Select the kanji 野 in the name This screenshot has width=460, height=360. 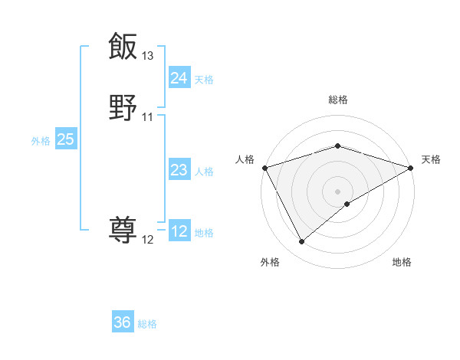click(123, 106)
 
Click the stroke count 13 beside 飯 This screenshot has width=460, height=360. click(148, 56)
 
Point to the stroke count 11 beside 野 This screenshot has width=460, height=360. click(148, 117)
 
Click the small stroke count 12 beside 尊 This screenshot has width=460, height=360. click(148, 240)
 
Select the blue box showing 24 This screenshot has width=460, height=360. click(179, 77)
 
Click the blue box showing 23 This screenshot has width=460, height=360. click(179, 170)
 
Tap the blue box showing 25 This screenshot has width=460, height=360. click(65, 139)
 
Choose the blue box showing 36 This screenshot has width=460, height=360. click(123, 322)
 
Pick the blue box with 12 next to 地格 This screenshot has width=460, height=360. click(179, 231)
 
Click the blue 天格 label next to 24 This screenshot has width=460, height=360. click(204, 80)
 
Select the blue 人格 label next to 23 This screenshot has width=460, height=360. click(204, 172)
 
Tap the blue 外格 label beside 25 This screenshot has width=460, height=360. click(41, 141)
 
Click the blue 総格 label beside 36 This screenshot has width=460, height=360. click(147, 324)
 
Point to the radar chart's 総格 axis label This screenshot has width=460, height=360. click(337, 100)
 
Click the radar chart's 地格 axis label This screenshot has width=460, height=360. click(402, 262)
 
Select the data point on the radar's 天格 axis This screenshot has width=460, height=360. click(411, 168)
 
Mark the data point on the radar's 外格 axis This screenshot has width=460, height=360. click(302, 242)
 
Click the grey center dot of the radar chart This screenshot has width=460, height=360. click(337, 191)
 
